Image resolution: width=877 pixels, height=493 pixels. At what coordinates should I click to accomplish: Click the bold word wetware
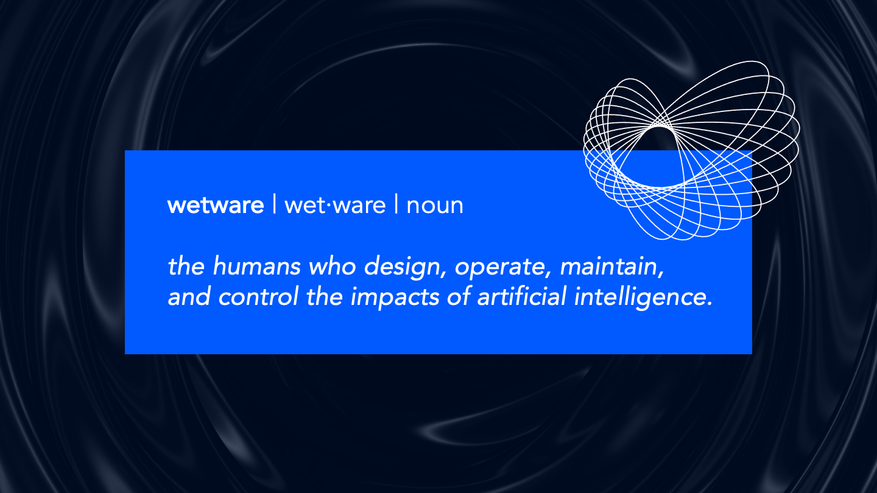[216, 206]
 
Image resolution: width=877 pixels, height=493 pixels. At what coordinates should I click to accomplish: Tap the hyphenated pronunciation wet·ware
[335, 206]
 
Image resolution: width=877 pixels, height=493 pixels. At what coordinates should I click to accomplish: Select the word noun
[435, 206]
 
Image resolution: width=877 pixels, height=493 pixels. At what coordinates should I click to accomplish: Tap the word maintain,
[611, 267]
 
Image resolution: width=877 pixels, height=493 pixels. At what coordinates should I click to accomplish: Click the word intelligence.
[647, 298]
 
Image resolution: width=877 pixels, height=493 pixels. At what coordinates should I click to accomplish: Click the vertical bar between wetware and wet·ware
[274, 206]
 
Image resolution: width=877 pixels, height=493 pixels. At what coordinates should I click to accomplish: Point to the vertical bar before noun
[396, 206]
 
